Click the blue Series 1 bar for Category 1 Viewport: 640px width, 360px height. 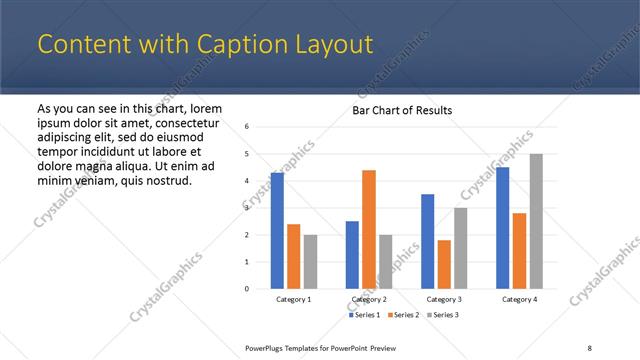[277, 231]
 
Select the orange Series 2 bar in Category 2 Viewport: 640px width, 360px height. [369, 229]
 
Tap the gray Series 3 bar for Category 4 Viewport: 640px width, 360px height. [536, 221]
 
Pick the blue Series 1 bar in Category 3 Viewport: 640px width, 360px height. [428, 241]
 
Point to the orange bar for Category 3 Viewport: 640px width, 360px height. [444, 264]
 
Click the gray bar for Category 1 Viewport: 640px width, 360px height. [310, 262]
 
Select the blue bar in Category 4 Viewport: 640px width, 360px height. [503, 228]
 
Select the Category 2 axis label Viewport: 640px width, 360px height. [369, 299]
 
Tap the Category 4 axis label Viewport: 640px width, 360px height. [519, 299]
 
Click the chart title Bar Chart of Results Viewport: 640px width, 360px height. [402, 110]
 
